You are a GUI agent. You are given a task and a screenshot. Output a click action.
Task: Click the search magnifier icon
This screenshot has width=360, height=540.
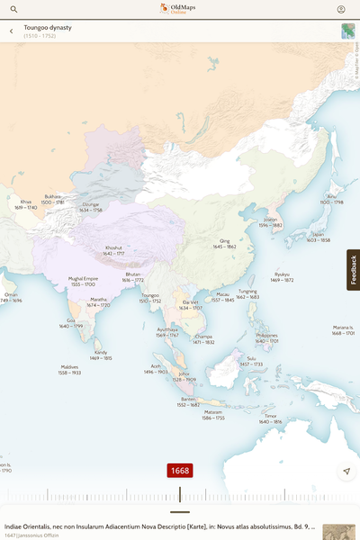[13, 9]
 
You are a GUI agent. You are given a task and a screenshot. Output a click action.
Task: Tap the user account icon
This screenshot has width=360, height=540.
[341, 9]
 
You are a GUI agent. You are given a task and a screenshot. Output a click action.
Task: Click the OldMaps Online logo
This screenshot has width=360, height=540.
[179, 9]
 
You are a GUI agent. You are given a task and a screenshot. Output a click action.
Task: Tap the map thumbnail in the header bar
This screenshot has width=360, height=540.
[347, 31]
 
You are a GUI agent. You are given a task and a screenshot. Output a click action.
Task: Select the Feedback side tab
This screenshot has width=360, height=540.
[353, 270]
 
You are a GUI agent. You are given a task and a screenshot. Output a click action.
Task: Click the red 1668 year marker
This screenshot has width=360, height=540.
[179, 471]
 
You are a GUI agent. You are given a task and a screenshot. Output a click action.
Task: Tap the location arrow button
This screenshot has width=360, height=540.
[346, 472]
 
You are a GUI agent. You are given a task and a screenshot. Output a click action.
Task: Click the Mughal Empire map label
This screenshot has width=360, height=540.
[83, 279]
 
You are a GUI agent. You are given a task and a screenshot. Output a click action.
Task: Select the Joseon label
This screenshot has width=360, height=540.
[270, 220]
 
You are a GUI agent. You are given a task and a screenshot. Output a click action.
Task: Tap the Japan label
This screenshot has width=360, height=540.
[318, 235]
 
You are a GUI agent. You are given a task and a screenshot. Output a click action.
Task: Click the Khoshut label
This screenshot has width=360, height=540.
[113, 247]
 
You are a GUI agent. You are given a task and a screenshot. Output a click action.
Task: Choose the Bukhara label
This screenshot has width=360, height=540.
[53, 196]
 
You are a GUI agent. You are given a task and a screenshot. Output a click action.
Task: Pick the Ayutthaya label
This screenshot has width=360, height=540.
[167, 329]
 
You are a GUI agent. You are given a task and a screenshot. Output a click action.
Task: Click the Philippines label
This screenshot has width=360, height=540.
[266, 336]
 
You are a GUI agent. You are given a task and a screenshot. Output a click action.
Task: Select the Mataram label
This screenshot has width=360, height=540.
[213, 411]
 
